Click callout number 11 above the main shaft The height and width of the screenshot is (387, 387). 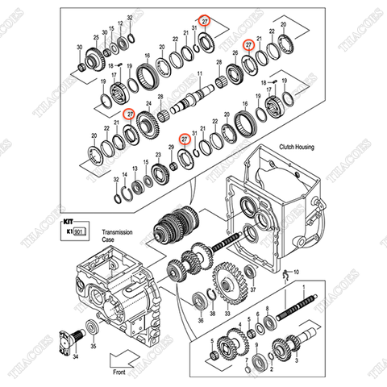tap(199, 73)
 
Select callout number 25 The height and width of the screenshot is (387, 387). tap(96, 37)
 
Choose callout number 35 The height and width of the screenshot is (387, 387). tap(93, 346)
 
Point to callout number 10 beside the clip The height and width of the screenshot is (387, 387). tap(295, 272)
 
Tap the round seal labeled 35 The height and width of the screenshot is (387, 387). tap(91, 327)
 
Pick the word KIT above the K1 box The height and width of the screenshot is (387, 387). tap(68, 218)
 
